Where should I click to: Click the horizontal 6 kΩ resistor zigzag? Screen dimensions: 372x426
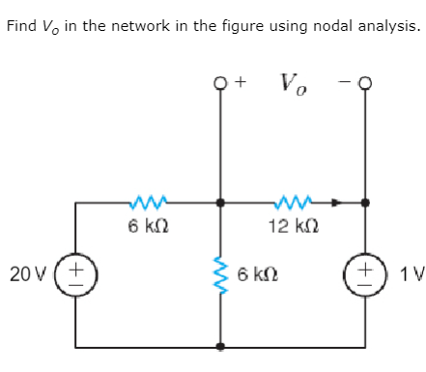tap(147, 203)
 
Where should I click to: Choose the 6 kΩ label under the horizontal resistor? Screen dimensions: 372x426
tap(148, 227)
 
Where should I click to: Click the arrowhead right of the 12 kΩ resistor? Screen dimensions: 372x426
tap(335, 203)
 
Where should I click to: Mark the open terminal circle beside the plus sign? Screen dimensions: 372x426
tap(221, 84)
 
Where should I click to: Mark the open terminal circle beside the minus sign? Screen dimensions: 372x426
tap(365, 84)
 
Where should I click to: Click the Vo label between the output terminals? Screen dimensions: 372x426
tap(293, 85)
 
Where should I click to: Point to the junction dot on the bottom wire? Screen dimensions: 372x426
tap(221, 346)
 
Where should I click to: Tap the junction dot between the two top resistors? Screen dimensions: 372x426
tap(221, 204)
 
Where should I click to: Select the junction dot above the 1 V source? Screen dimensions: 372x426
tap(365, 204)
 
